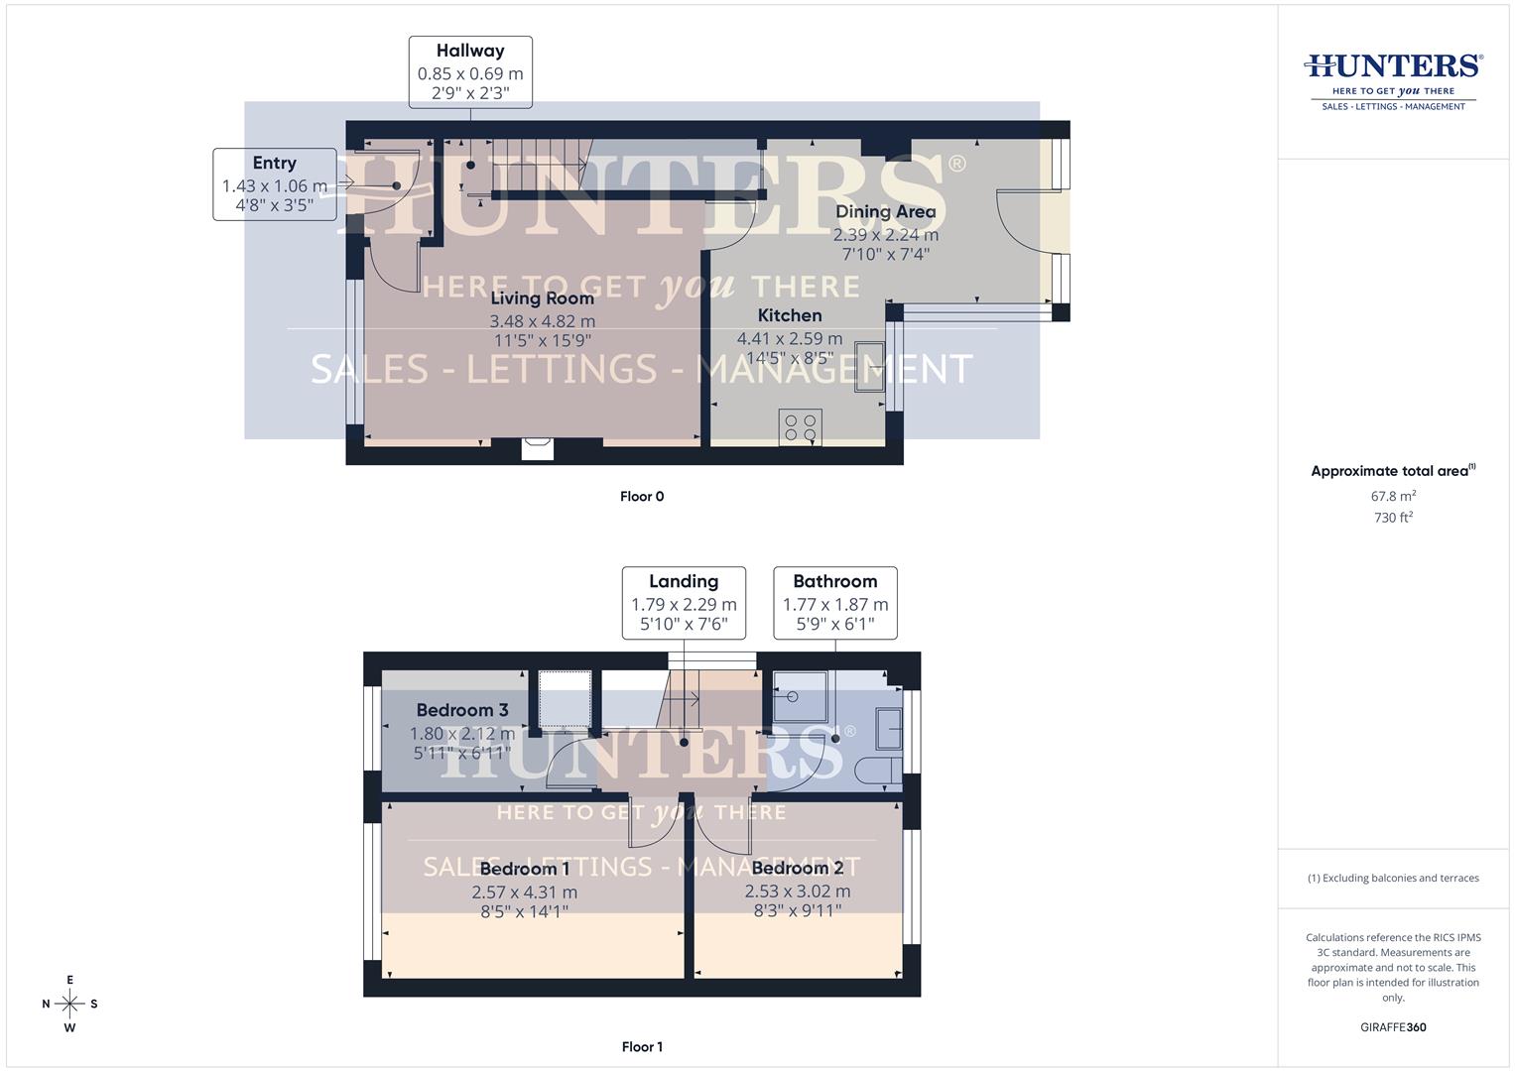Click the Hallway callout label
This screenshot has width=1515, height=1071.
click(x=470, y=71)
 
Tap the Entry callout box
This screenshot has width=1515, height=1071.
click(x=274, y=184)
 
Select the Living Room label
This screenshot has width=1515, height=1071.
click(x=542, y=298)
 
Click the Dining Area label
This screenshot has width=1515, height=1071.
click(x=885, y=211)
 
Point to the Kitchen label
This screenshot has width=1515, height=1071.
click(x=790, y=315)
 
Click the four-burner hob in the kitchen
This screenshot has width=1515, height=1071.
click(x=800, y=427)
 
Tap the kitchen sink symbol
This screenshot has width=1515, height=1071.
click(x=870, y=366)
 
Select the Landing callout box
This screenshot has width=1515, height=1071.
click(x=684, y=602)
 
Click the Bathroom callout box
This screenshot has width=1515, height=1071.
click(x=834, y=602)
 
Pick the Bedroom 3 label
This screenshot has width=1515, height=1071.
click(x=462, y=710)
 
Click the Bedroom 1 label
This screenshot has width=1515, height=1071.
click(x=524, y=870)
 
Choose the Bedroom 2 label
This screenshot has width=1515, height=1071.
click(x=797, y=869)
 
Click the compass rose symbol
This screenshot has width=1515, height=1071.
click(x=69, y=1004)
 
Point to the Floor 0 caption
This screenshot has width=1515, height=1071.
click(x=642, y=496)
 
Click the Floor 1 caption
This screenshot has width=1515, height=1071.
click(x=642, y=1046)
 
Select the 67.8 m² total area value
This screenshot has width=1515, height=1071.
click(x=1393, y=496)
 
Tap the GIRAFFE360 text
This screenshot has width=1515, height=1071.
click(x=1393, y=1027)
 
